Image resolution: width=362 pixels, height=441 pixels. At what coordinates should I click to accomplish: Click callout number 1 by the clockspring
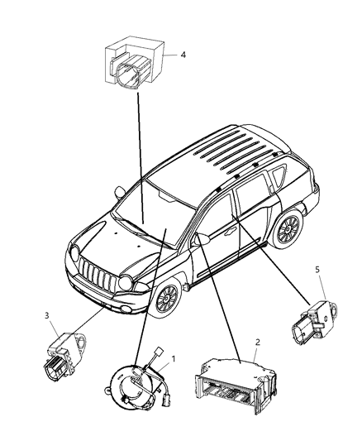(x=174, y=359)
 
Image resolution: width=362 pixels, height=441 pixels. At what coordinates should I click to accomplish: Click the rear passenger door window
(x=248, y=210)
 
